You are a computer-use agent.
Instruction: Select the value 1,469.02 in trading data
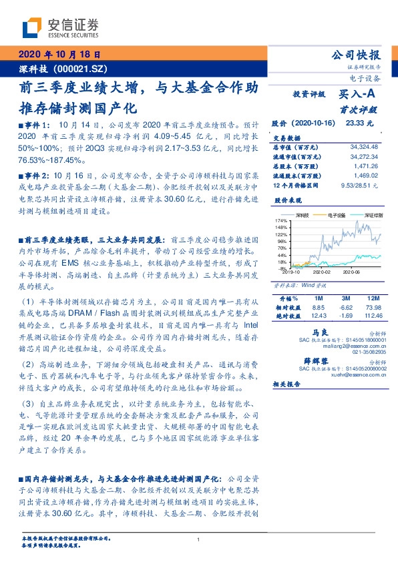tap(365, 173)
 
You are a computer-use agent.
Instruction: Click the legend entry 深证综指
tap(371, 215)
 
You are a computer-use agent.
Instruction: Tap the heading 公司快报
tap(356, 55)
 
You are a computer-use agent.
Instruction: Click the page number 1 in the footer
tap(199, 540)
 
